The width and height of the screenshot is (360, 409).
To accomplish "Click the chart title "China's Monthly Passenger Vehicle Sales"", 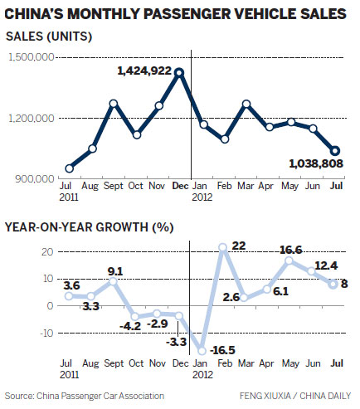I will (x=176, y=13).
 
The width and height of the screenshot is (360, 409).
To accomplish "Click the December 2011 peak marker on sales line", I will (x=180, y=72).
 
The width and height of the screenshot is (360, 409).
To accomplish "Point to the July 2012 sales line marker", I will (x=335, y=150).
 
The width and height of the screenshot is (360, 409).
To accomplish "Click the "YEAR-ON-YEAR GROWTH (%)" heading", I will (x=94, y=226).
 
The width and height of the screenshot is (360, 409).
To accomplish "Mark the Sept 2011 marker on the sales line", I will (x=114, y=104).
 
